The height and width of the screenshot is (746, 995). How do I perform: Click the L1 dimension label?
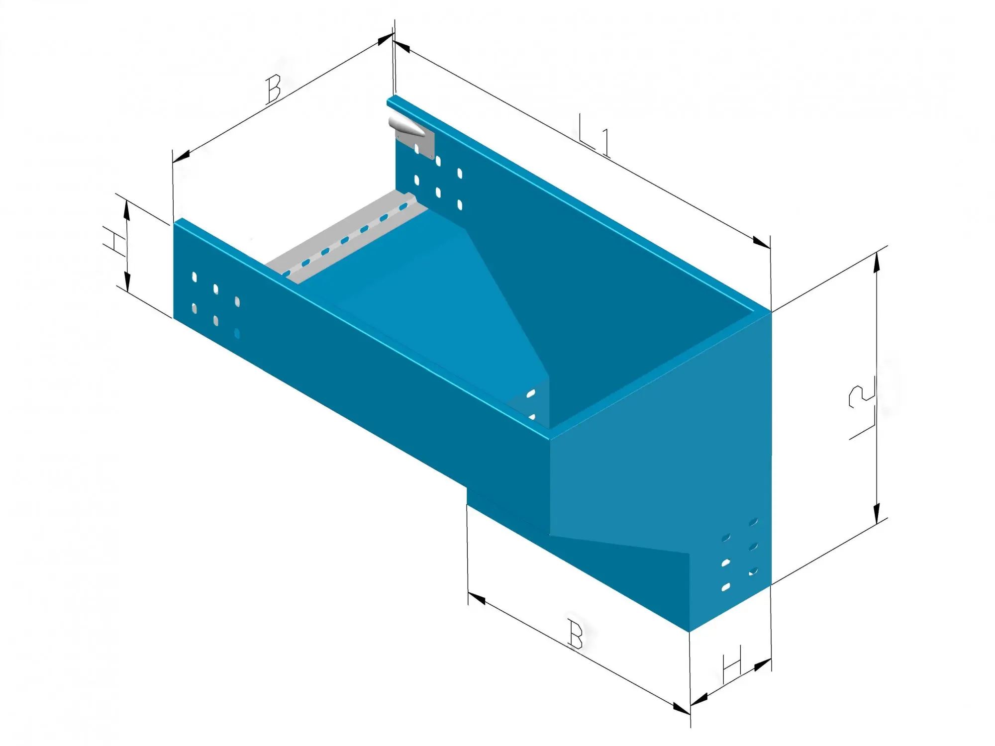(595, 134)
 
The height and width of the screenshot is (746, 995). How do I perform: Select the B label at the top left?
(273, 89)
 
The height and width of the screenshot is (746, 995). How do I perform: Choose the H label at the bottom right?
(732, 664)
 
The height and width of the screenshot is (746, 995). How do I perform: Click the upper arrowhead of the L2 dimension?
(877, 261)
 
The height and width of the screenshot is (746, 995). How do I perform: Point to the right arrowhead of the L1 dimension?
(762, 242)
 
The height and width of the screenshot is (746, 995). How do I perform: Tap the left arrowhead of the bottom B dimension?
(477, 598)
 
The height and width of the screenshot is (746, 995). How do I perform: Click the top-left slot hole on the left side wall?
(195, 277)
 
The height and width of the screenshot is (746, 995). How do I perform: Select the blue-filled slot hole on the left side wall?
(237, 334)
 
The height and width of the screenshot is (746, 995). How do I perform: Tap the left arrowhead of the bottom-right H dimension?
(699, 700)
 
